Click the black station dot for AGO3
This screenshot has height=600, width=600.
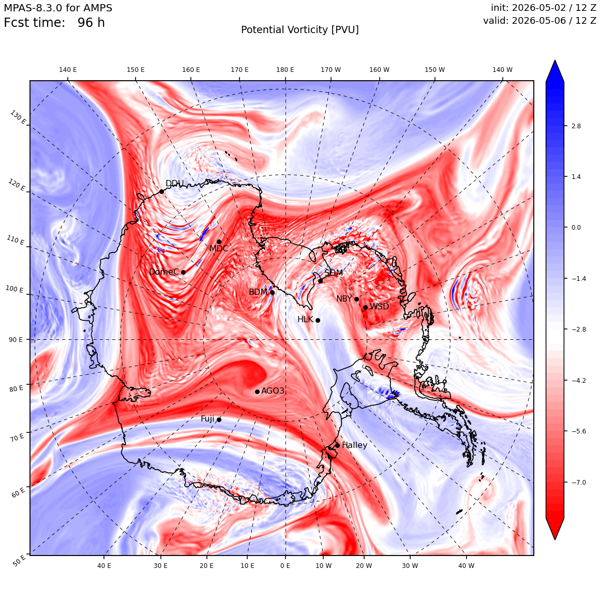point(257,392)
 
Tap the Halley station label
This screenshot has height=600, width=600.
point(355,445)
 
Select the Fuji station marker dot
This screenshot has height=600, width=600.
point(219,419)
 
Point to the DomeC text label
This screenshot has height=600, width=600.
point(164,272)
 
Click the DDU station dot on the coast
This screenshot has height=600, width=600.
point(161,191)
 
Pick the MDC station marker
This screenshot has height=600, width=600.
point(219,242)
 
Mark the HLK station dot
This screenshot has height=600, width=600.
point(318,320)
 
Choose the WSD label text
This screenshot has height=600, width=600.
point(379,307)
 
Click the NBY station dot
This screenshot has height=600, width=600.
point(356,299)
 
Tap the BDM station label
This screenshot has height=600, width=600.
point(258,292)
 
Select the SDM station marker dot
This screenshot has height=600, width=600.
point(320,281)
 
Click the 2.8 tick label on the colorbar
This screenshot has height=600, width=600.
point(576,126)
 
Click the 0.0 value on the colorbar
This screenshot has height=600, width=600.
point(576,227)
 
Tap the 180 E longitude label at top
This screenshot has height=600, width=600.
point(285,70)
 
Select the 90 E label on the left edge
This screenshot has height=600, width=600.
point(16,339)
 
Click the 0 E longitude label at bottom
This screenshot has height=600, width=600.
point(285,565)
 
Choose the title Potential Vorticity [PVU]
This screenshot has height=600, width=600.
point(300,30)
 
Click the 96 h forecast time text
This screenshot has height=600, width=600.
point(91,23)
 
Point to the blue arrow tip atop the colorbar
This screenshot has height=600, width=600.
point(555,61)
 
